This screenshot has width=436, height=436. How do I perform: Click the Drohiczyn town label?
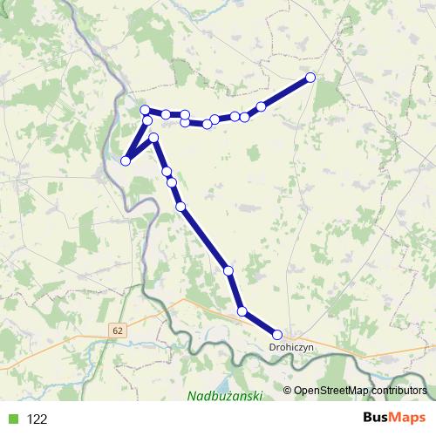click(x=290, y=347)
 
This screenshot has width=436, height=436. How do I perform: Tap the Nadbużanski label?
click(x=225, y=397)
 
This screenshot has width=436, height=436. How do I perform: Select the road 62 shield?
click(x=117, y=330)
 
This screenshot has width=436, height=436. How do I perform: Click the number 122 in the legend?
click(x=37, y=419)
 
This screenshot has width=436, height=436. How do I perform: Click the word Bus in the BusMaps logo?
click(x=376, y=419)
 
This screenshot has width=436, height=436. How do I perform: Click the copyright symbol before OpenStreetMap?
click(x=288, y=391)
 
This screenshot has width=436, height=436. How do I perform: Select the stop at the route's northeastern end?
click(x=310, y=78)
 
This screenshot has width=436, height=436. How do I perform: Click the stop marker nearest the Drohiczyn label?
click(x=277, y=335)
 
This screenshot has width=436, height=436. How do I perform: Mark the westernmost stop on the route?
click(x=126, y=160)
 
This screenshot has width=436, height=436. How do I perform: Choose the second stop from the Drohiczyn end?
click(x=242, y=311)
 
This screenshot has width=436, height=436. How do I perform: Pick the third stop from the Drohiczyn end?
click(x=228, y=271)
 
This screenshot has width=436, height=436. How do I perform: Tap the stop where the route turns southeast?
click(x=153, y=138)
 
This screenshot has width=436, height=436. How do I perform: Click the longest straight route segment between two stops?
click(x=205, y=239)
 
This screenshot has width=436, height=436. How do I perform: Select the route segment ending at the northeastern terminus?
click(x=286, y=92)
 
